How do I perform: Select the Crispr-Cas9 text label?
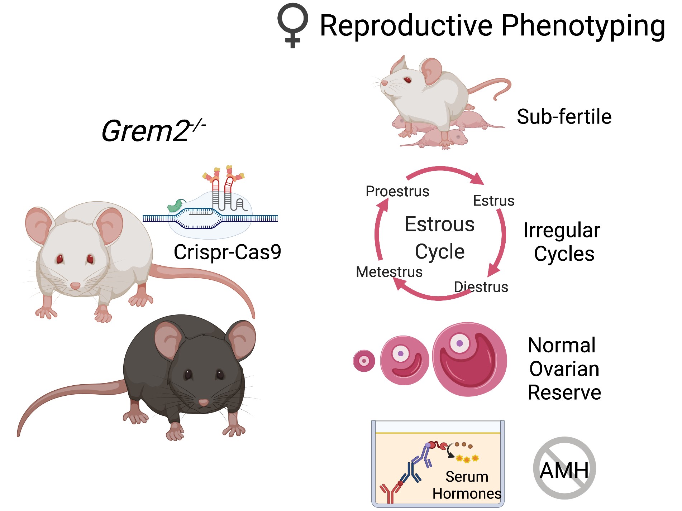(x=227, y=252)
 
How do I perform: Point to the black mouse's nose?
(x=204, y=402)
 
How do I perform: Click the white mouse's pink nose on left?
(x=75, y=286)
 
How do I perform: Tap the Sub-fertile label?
(x=564, y=117)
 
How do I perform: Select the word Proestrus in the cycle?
(x=397, y=191)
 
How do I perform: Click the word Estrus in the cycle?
(x=493, y=201)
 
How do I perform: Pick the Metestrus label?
(x=389, y=272)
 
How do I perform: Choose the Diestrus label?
(x=481, y=287)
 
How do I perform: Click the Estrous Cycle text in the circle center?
(x=439, y=237)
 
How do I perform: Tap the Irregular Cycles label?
(x=562, y=242)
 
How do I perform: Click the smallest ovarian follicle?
(x=364, y=361)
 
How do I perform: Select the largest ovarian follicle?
(x=469, y=360)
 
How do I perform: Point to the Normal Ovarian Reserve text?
(x=564, y=369)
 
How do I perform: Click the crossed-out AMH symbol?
(x=564, y=468)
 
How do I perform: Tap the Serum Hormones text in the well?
(x=466, y=485)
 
